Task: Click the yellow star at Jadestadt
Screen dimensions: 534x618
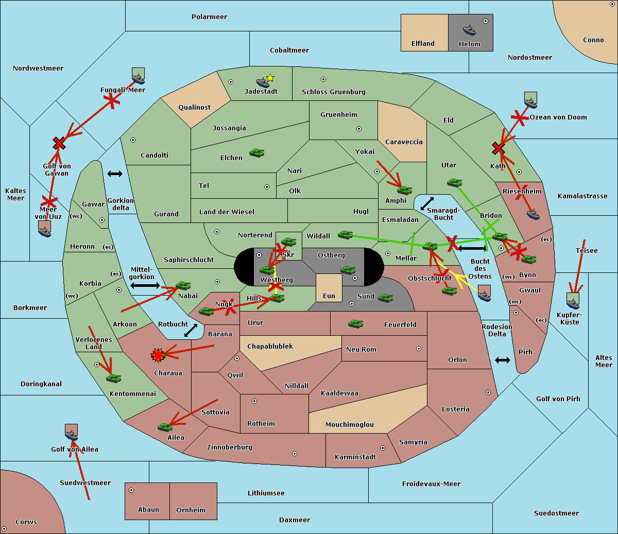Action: click(270, 78)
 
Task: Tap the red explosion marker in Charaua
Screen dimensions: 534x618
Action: click(158, 354)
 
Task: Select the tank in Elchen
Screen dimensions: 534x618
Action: click(256, 153)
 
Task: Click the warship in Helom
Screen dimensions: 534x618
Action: click(469, 30)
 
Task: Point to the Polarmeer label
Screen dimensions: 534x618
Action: click(209, 17)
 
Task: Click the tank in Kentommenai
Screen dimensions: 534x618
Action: click(113, 378)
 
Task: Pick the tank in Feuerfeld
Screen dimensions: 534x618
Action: click(355, 324)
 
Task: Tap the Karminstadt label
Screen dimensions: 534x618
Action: click(355, 457)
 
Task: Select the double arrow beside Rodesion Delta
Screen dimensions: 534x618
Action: click(503, 360)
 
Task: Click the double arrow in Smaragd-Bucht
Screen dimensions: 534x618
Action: click(427, 203)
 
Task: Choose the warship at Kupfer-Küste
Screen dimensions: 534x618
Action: click(573, 301)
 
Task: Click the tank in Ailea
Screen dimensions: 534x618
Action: click(165, 427)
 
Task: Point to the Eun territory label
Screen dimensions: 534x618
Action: click(329, 296)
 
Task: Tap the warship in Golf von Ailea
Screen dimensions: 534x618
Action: click(71, 434)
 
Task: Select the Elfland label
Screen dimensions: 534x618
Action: click(423, 44)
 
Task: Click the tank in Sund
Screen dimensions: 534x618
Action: click(385, 298)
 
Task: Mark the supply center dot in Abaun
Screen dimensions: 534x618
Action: click(131, 490)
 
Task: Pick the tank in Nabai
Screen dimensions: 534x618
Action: click(183, 286)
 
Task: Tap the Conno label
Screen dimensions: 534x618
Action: click(593, 40)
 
